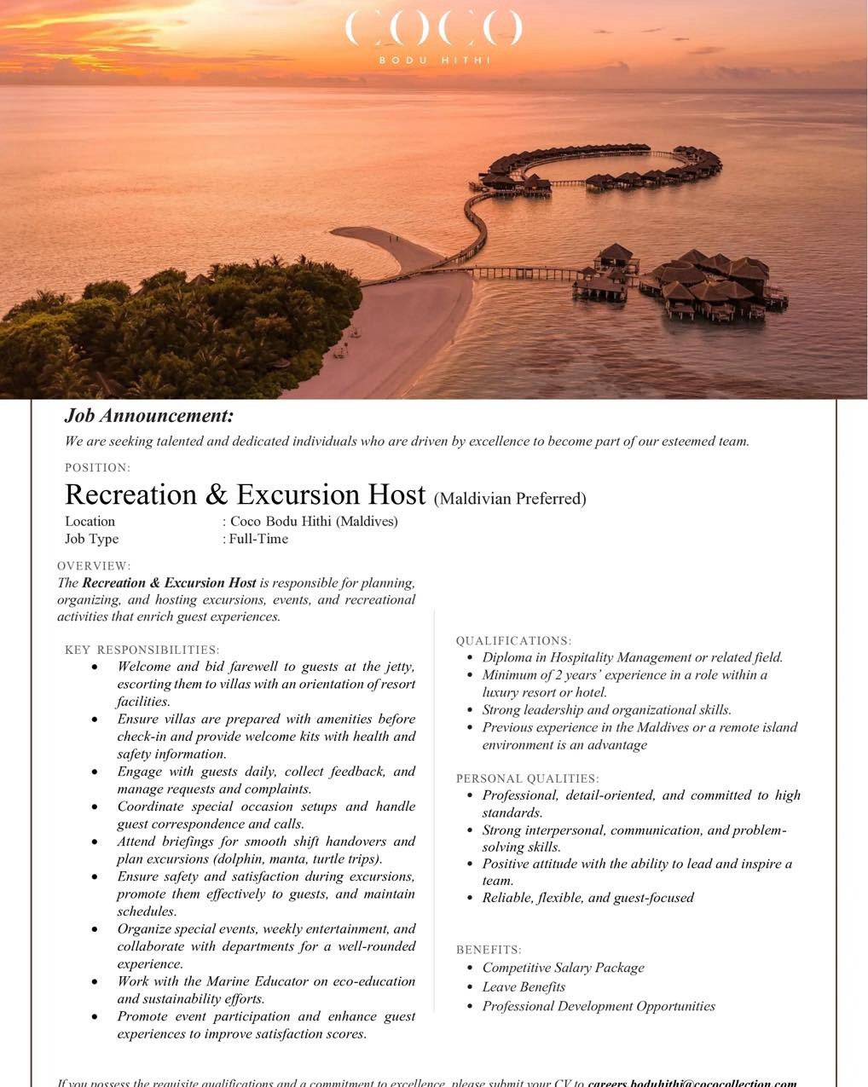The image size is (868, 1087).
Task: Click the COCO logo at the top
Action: [433, 28]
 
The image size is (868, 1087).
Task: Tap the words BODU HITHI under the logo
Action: [433, 61]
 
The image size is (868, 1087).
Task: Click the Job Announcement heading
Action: [149, 416]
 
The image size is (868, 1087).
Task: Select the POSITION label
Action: [97, 467]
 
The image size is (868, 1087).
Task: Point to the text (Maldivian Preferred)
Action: [510, 499]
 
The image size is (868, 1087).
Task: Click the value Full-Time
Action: [258, 539]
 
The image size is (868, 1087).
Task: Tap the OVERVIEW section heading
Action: [94, 566]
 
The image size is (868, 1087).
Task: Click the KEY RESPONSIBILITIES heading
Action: [142, 650]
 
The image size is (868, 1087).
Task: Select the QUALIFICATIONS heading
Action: [513, 641]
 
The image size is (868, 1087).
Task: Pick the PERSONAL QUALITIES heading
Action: [527, 778]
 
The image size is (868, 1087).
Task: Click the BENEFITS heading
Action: [489, 950]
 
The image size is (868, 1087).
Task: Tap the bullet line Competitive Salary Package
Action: [563, 968]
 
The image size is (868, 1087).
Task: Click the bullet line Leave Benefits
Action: [524, 987]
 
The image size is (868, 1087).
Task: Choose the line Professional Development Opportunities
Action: [599, 1006]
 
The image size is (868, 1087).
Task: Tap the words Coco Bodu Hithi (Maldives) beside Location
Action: [314, 522]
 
